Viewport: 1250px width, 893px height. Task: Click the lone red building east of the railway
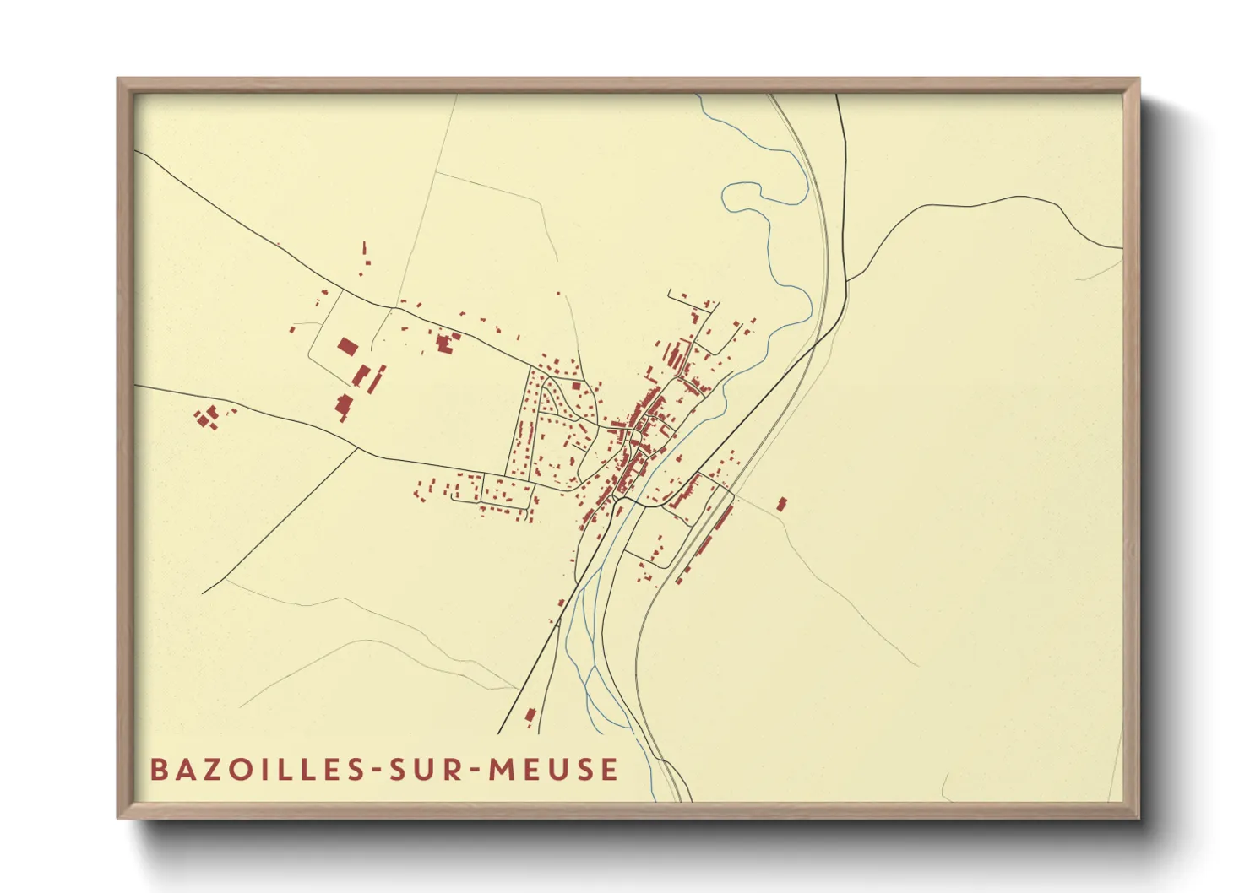coord(781,505)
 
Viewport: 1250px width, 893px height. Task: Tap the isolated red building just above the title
coord(530,716)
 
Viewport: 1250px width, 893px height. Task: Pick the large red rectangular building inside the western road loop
coord(347,346)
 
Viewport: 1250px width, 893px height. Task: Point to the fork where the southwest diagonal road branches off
coord(360,449)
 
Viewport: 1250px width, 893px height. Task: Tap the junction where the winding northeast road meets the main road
coord(847,279)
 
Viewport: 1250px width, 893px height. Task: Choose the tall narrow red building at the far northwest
coord(366,251)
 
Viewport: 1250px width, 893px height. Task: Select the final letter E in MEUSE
coord(609,770)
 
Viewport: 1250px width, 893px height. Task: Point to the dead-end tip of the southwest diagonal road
coord(203,593)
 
